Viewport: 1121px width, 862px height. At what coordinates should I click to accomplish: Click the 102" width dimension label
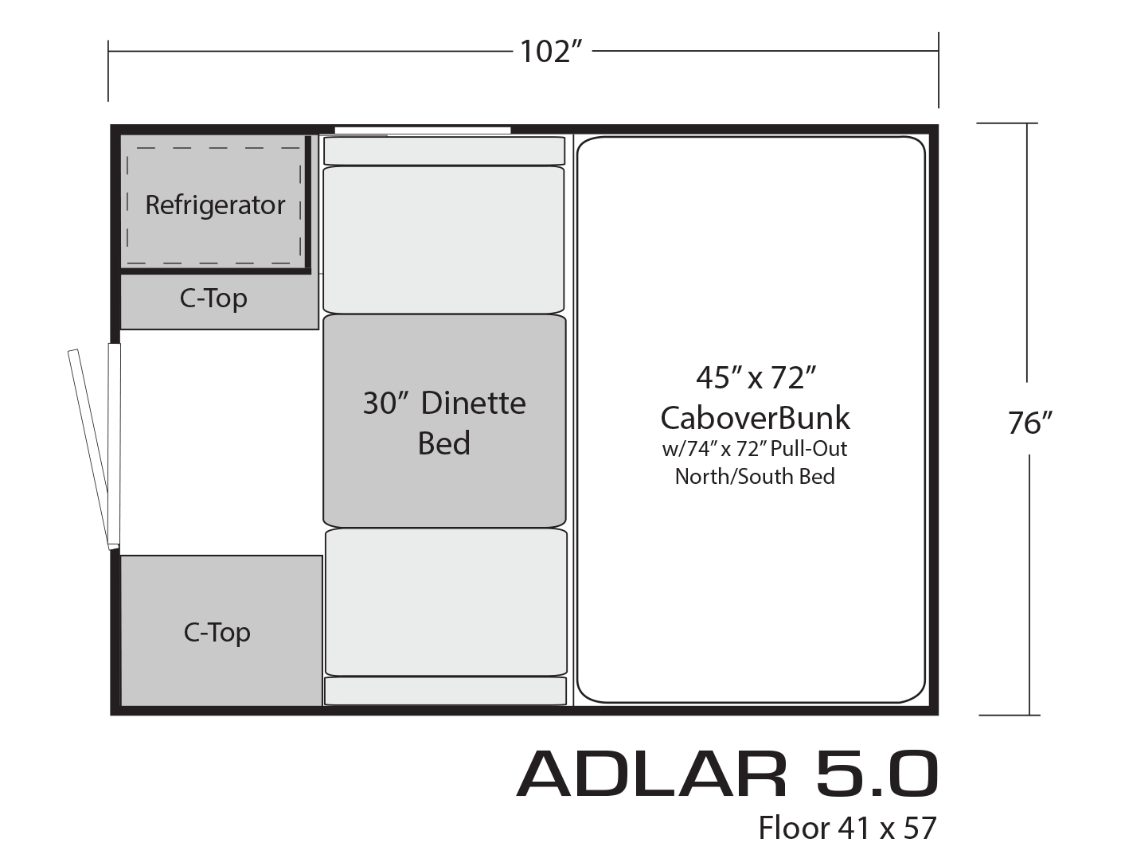point(551,52)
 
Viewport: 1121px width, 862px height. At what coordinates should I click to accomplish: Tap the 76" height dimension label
point(1029,423)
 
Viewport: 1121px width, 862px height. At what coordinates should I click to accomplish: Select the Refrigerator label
point(215,205)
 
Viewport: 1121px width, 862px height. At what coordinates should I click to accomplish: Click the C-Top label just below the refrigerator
point(213,298)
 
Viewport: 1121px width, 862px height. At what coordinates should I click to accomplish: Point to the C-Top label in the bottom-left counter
point(217,633)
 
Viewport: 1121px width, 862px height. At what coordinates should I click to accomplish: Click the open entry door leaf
point(88,449)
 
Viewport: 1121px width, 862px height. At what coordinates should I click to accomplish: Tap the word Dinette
point(474,404)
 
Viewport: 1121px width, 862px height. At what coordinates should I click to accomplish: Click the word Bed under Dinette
point(443,443)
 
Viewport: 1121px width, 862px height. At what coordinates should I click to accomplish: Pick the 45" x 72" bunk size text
point(756,378)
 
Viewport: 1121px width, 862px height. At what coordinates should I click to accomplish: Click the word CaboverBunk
point(756,418)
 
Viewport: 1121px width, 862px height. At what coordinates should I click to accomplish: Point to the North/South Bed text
point(755,476)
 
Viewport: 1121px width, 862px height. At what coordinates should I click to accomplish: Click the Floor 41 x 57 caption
point(847,829)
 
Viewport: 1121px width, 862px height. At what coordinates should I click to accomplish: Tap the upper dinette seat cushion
point(443,240)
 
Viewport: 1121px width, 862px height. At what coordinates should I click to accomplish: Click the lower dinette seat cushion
point(446,603)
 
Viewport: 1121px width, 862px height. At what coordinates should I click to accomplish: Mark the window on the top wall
point(423,131)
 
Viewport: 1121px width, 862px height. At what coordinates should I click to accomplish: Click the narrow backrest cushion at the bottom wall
point(445,691)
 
